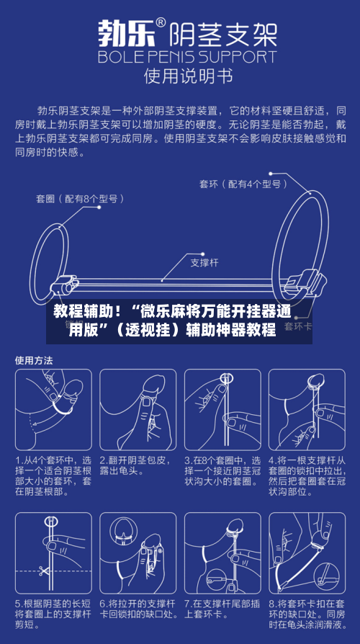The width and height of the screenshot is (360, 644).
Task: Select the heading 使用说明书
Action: tap(180, 75)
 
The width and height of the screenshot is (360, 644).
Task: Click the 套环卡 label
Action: tap(297, 326)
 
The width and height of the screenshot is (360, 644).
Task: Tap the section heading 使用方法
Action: tap(35, 359)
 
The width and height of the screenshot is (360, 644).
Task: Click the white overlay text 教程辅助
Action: tap(82, 313)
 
